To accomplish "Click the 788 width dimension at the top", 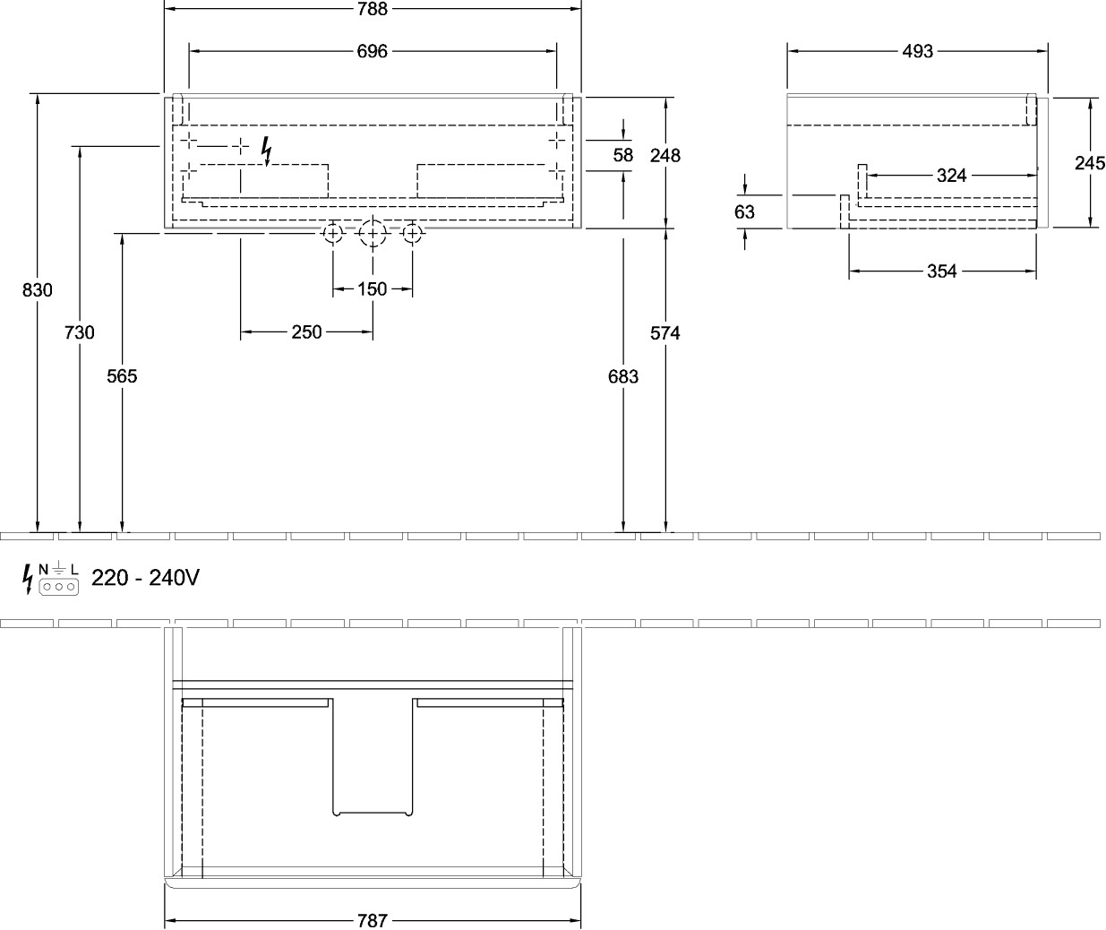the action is [x=373, y=9].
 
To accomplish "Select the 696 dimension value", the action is [x=373, y=51].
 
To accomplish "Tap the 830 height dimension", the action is [x=37, y=290].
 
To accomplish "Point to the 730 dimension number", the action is [x=80, y=332].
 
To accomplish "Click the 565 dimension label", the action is [x=122, y=376].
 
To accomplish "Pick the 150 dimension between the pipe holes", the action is [x=373, y=289].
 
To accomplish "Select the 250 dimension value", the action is [x=306, y=332].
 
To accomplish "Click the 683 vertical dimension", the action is [x=623, y=377].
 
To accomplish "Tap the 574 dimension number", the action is [x=665, y=333].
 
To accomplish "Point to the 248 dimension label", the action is [x=665, y=156].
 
